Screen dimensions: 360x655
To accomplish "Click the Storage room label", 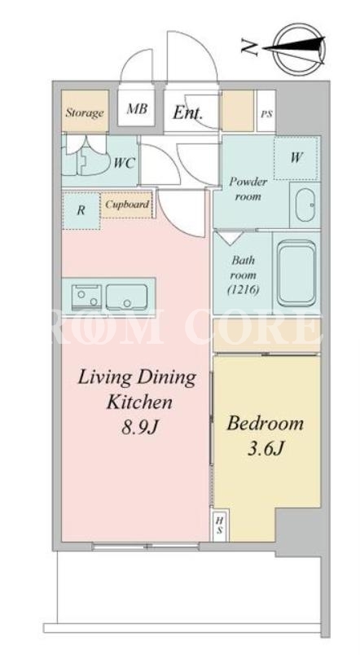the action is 85,112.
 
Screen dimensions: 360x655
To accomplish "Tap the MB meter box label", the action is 137,109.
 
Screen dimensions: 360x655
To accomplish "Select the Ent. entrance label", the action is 187,112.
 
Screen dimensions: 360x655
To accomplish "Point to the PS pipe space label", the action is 266,114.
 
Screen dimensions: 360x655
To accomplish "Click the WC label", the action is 124,163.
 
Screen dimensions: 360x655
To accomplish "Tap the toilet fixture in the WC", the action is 89,160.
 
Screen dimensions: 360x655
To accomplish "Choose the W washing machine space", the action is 296,158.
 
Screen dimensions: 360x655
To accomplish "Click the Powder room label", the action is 248,189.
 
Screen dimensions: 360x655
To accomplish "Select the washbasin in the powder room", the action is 305,204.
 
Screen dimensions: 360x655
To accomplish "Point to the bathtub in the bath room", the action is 296,273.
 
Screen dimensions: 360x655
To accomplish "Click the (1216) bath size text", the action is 244,289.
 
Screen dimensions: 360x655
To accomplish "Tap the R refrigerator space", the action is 81,210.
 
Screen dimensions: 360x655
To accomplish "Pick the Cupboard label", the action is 126,204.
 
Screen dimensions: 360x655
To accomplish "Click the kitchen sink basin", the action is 126,297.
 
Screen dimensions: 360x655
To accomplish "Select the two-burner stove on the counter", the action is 86,297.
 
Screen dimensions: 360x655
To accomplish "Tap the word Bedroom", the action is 266,424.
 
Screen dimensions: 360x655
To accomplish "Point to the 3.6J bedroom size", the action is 266,449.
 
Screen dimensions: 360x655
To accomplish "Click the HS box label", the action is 219,525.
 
